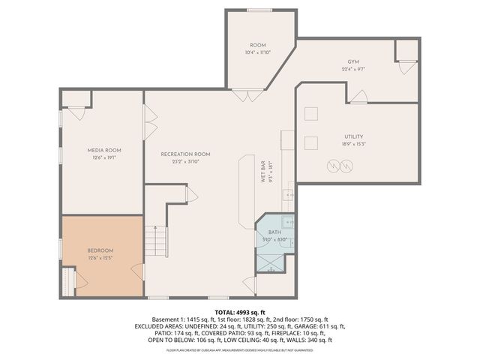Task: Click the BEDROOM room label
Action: click(100, 250)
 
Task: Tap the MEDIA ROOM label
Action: click(103, 150)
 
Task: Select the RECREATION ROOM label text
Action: click(185, 154)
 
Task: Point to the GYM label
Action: click(353, 61)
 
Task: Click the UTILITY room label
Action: click(334, 136)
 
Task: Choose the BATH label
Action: click(274, 233)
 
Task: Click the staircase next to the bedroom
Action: click(154, 241)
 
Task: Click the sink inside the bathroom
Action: click(287, 223)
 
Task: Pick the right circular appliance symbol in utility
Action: click(346, 166)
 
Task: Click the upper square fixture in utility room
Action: click(310, 112)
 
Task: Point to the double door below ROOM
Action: click(247, 95)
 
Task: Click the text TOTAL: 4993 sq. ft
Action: click(240, 311)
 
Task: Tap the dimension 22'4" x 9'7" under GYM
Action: click(353, 69)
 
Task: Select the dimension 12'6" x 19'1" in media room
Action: click(103, 157)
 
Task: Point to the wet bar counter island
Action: click(247, 191)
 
